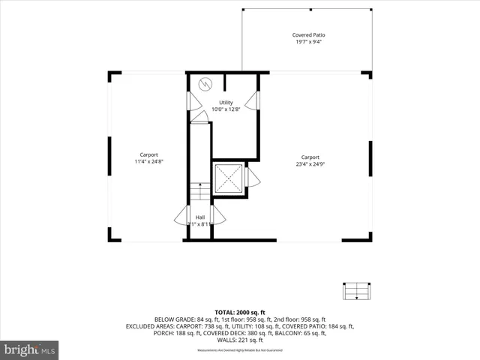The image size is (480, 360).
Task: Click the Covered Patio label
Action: (x=308, y=35)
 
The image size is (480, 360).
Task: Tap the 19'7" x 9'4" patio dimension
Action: (x=308, y=43)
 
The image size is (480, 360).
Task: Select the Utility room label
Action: (x=226, y=103)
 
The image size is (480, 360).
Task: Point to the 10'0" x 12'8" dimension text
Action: (x=226, y=110)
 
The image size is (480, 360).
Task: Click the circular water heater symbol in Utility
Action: (x=205, y=84)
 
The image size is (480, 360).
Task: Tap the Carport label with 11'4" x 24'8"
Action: (x=148, y=154)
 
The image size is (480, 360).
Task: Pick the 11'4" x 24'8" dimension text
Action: (x=148, y=162)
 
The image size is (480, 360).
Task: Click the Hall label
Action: (x=200, y=217)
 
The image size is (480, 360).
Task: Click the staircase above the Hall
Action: (x=199, y=192)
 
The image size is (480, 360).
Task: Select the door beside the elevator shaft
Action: (x=252, y=178)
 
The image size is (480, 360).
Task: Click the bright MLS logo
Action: (x=30, y=349)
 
